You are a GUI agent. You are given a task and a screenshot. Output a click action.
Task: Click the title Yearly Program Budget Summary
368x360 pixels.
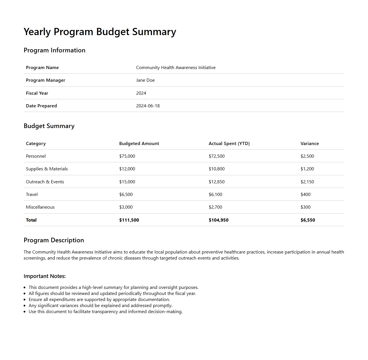(100, 32)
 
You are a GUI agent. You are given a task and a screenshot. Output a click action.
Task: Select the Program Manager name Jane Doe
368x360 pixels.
(145, 80)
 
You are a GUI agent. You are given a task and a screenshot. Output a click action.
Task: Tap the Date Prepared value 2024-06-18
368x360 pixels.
(148, 106)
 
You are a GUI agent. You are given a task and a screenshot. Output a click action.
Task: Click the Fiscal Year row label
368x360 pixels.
(37, 93)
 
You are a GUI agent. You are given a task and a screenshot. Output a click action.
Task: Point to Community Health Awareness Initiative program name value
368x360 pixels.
(176, 68)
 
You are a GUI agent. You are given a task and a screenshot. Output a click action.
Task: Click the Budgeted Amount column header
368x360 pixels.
(139, 144)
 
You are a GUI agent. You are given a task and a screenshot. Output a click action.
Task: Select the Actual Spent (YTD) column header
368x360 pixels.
(229, 144)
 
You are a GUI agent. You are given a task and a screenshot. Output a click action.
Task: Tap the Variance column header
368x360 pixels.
(310, 144)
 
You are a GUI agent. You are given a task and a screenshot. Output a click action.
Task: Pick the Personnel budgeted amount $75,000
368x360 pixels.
(127, 156)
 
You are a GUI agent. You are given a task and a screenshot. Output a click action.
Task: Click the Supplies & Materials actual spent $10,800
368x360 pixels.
(217, 169)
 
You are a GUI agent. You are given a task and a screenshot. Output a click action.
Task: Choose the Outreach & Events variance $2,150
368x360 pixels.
(307, 182)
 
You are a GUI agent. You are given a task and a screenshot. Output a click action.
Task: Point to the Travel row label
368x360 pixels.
(32, 195)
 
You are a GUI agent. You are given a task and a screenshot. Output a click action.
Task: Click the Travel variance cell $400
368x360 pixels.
(306, 195)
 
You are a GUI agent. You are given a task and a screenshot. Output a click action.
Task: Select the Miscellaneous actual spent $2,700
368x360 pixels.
(215, 207)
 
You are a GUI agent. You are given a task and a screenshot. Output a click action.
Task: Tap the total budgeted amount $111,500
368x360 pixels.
(129, 220)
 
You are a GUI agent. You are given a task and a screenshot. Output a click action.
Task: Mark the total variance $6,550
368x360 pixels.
(308, 220)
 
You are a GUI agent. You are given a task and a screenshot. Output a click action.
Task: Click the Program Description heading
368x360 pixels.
(54, 240)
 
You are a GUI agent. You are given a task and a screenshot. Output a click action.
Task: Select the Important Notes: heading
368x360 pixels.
(45, 276)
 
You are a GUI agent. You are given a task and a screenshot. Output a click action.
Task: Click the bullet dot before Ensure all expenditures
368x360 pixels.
(25, 300)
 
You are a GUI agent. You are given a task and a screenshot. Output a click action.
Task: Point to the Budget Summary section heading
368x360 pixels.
(49, 126)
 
